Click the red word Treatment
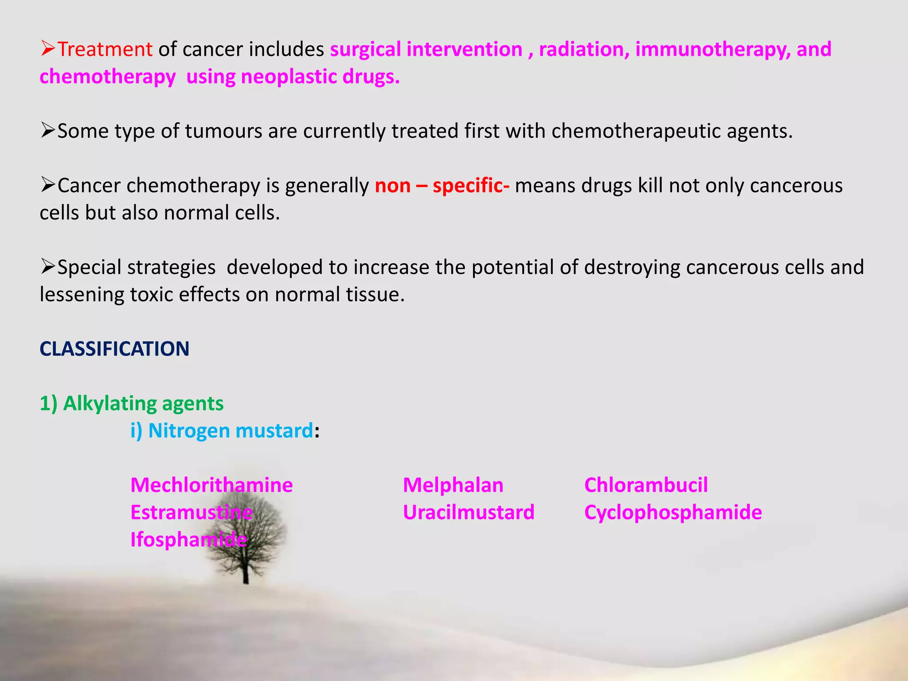tap(105, 49)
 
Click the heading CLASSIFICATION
tap(114, 349)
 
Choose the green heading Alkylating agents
tap(143, 403)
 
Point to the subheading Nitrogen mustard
tap(230, 431)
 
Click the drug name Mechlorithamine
tap(211, 485)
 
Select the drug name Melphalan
tap(453, 485)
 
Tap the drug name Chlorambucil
tap(646, 485)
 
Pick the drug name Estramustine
tap(191, 513)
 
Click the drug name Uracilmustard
tap(469, 513)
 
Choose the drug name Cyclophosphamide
tap(673, 513)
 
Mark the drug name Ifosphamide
tap(188, 540)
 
